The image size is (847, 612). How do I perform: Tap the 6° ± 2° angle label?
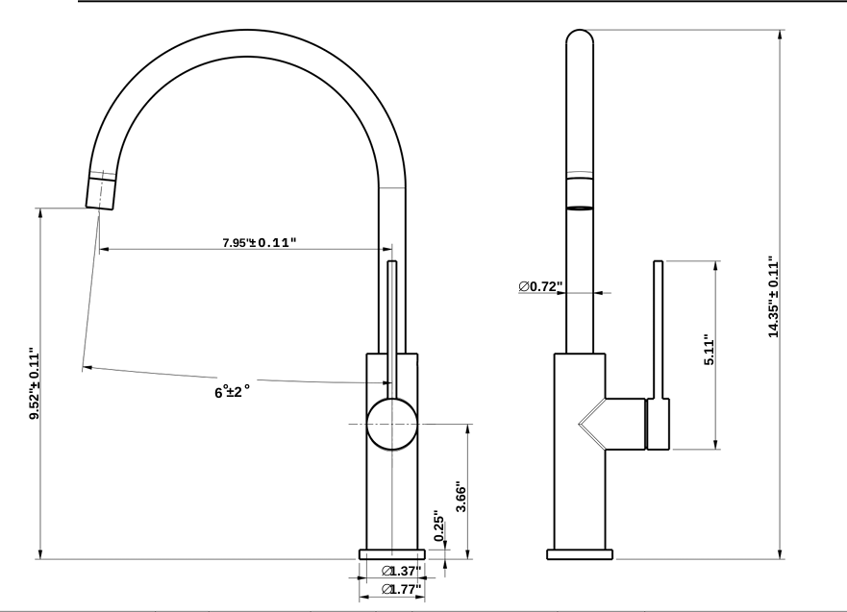point(232,392)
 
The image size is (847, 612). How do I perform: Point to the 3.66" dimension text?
point(461,498)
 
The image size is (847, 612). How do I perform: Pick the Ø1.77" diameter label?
point(402,589)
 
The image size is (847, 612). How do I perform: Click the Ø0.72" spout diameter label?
point(539,286)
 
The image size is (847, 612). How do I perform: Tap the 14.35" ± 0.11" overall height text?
point(772,297)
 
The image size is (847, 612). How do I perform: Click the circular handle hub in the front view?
point(392,424)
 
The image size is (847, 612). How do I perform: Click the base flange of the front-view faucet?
point(392,553)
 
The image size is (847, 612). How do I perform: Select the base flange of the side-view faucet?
point(580,553)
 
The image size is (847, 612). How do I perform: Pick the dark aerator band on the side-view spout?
point(580,207)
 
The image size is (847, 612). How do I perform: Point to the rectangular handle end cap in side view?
point(659,426)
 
